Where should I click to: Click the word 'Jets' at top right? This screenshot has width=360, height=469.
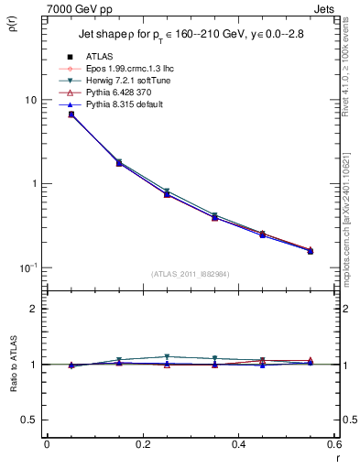tap(326, 7)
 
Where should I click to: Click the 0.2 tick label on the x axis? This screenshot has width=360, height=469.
tap(142, 444)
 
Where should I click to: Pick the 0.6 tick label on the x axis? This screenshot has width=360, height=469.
tap(333, 444)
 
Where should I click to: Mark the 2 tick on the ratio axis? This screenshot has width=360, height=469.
tap(35, 310)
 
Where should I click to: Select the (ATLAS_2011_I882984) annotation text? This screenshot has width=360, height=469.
tap(191, 274)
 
